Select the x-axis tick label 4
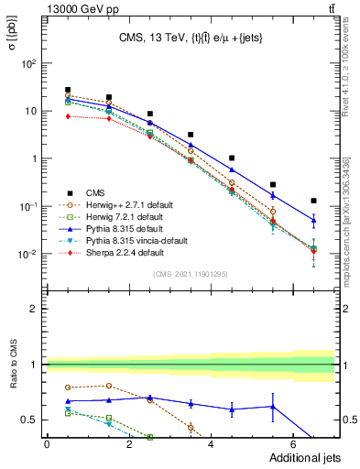pyautogui.click(x=211, y=445)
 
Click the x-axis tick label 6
pyautogui.click(x=293, y=445)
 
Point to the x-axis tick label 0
pyautogui.click(x=47, y=445)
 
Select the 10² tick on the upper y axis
pyautogui.click(x=28, y=64)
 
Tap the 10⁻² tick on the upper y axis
pyautogui.click(x=27, y=254)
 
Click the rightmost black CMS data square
pyautogui.click(x=313, y=201)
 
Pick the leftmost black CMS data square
pyautogui.click(x=68, y=90)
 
